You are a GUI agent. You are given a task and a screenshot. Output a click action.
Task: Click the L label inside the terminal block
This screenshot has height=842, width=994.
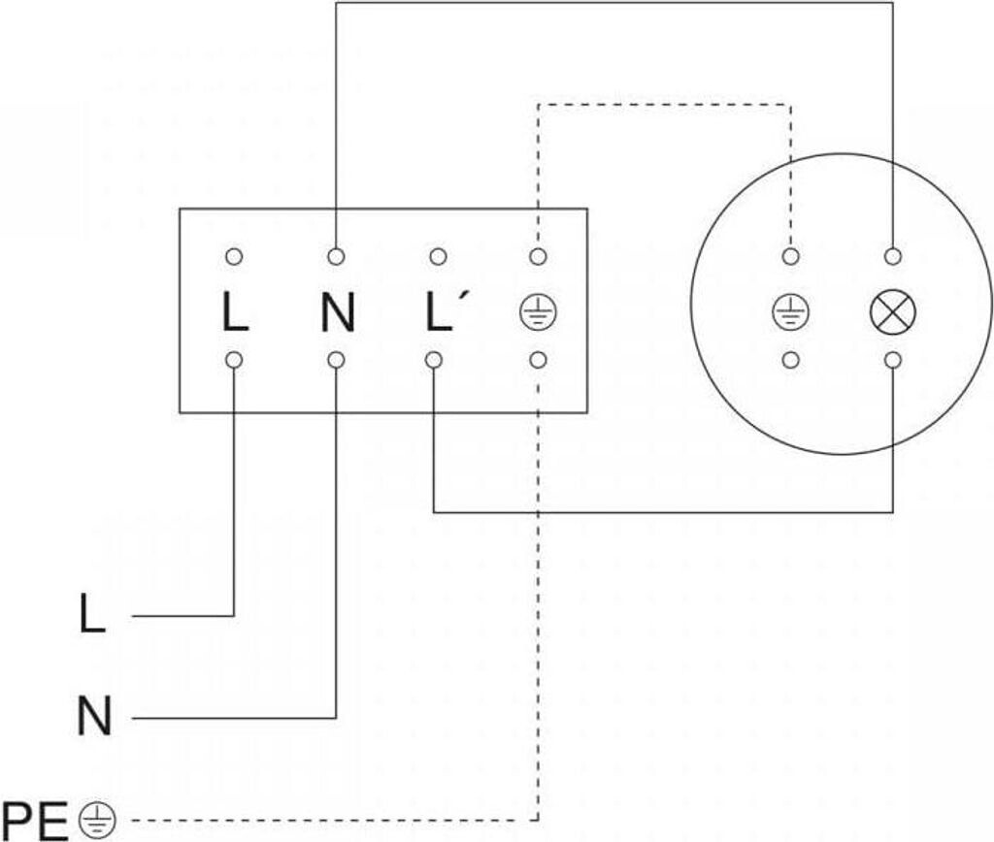click(234, 311)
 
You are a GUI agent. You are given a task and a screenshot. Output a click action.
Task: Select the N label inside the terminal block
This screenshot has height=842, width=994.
click(337, 311)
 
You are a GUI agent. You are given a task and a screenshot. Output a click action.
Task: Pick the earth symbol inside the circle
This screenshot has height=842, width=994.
click(791, 311)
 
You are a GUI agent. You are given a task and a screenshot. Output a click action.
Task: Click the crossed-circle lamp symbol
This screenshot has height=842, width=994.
click(893, 311)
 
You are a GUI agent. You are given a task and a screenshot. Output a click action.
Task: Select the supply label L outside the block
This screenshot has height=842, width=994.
click(92, 615)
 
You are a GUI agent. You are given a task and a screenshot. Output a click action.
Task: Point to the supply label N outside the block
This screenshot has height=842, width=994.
click(94, 718)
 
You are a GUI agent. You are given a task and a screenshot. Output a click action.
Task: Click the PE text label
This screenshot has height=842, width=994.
click(36, 821)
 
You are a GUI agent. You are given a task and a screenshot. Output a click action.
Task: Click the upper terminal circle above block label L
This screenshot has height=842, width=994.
click(234, 257)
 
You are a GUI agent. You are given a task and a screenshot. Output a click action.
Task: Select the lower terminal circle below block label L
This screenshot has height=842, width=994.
click(234, 361)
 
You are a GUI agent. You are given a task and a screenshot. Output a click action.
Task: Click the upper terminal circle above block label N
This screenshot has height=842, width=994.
click(337, 257)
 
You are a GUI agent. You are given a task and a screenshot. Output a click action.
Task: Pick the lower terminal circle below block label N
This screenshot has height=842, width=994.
click(337, 361)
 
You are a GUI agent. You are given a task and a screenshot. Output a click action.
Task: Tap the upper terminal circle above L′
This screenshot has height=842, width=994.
click(438, 257)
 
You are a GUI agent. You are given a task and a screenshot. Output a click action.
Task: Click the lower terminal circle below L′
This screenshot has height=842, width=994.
click(434, 361)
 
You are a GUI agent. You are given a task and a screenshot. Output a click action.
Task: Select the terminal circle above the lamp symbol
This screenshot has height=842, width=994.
click(893, 257)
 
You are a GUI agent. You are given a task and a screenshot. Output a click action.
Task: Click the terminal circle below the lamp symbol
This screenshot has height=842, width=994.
click(893, 361)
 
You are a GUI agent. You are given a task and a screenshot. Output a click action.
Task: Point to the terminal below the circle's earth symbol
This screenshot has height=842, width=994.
click(791, 361)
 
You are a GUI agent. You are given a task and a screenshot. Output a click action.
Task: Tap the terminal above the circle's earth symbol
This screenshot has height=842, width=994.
click(791, 257)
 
